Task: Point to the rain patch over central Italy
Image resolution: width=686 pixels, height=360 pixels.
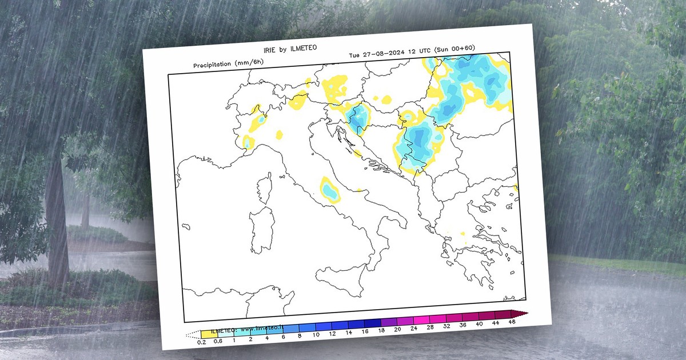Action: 329,189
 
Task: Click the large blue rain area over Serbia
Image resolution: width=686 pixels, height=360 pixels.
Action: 421,143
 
